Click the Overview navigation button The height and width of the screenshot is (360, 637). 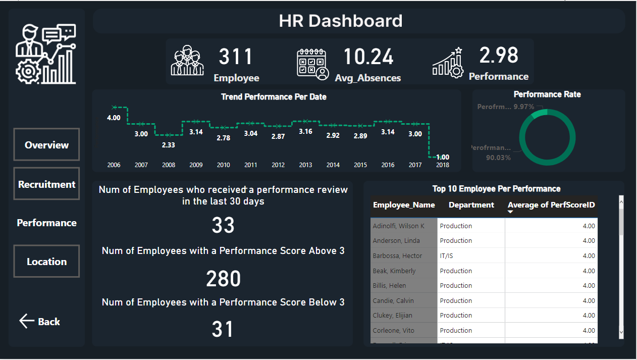pyautogui.click(x=46, y=145)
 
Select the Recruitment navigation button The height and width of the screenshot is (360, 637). pyautogui.click(x=46, y=184)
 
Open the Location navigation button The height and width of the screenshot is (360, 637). pyautogui.click(x=46, y=262)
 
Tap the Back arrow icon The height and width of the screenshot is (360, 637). pyautogui.click(x=26, y=321)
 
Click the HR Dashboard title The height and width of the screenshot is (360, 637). pyautogui.click(x=341, y=21)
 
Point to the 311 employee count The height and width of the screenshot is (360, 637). pyautogui.click(x=236, y=57)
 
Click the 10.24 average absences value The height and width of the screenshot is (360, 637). pyautogui.click(x=368, y=57)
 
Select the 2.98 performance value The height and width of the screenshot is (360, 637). pyautogui.click(x=498, y=55)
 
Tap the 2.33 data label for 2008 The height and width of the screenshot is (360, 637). pyautogui.click(x=169, y=144)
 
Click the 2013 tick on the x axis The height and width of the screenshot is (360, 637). pyautogui.click(x=305, y=165)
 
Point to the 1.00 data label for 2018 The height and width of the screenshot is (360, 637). pyautogui.click(x=442, y=157)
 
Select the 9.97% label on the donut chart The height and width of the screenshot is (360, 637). pyautogui.click(x=524, y=107)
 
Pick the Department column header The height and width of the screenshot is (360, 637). pyautogui.click(x=471, y=205)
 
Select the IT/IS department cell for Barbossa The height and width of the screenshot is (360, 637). pyautogui.click(x=446, y=256)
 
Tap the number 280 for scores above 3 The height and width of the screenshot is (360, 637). pyautogui.click(x=223, y=279)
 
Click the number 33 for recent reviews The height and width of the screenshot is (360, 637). pyautogui.click(x=223, y=226)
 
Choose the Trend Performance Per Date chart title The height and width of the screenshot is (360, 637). pyautogui.click(x=274, y=97)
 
